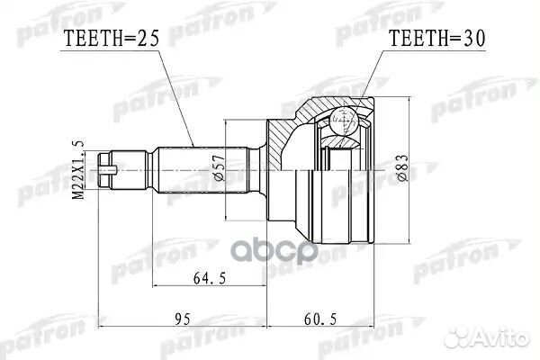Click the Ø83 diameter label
tap(392, 164)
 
